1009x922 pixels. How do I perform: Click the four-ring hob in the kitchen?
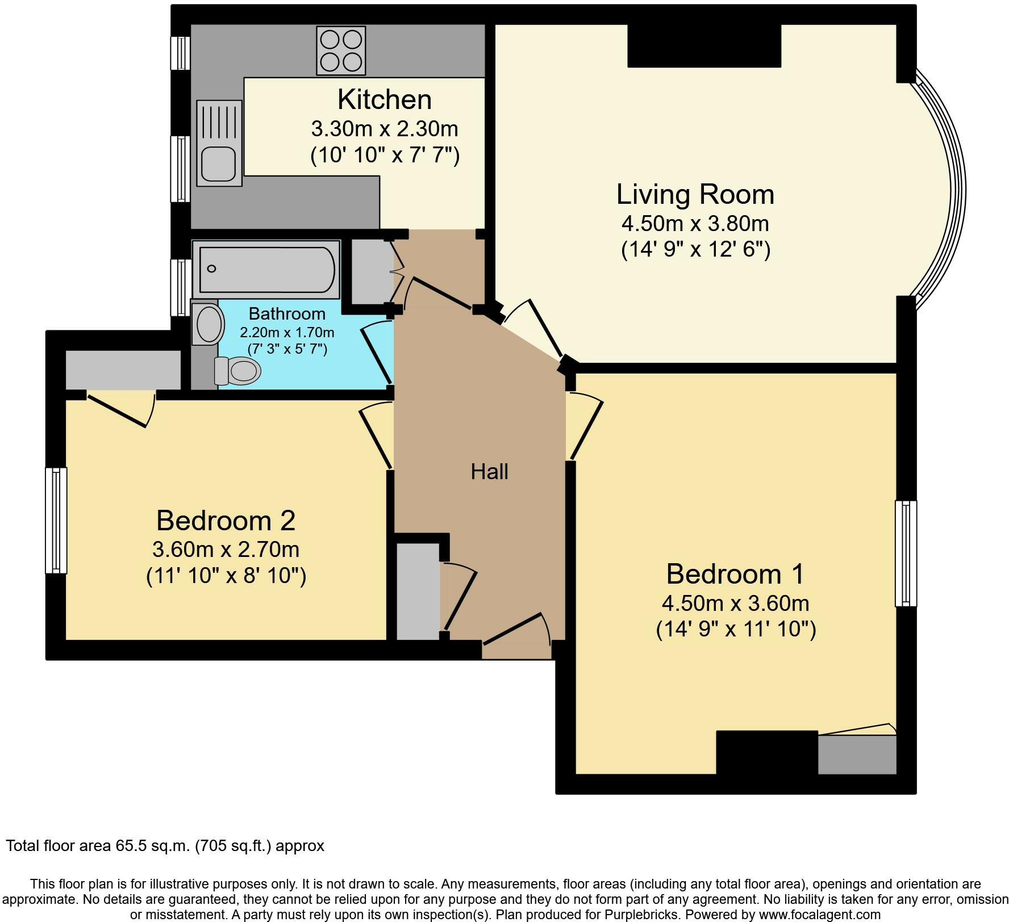coord(341,51)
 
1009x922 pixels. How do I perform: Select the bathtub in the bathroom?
coord(266,269)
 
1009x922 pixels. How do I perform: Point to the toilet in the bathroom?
coord(237,371)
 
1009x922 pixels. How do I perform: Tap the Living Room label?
coord(695,194)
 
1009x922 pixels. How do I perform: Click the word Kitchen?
coord(385,99)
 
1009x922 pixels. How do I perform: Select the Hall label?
coord(489,471)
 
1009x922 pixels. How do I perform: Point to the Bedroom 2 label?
coord(226,520)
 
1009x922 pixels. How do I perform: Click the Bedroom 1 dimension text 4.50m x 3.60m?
coord(736,602)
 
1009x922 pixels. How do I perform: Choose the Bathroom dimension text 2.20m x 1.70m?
coord(287,332)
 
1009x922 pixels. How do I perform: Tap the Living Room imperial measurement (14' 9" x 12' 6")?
coord(695,249)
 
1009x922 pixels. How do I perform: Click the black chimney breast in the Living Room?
coord(704,45)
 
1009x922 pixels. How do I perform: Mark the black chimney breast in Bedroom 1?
coord(767,752)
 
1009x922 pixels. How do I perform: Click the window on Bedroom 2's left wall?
coord(56,520)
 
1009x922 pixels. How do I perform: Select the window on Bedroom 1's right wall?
coord(906,553)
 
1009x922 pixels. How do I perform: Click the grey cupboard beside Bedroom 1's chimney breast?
coord(857,755)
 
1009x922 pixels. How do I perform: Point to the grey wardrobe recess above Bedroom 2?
coord(123,370)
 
